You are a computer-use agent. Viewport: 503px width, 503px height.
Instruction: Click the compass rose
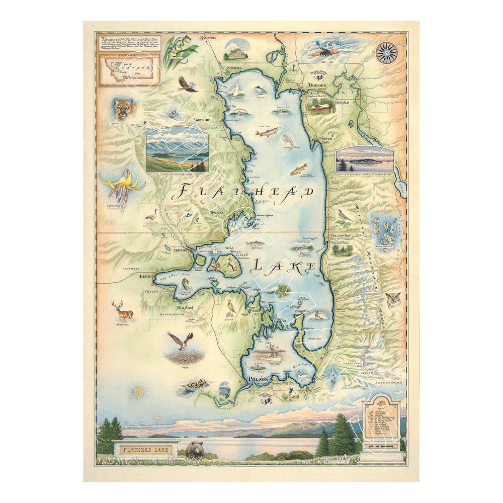(386, 53)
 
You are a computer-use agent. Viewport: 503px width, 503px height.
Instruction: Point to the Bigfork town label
(318, 85)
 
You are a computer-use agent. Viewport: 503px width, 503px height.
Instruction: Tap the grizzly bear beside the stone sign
(195, 449)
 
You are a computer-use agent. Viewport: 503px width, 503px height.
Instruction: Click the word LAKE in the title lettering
(284, 265)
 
